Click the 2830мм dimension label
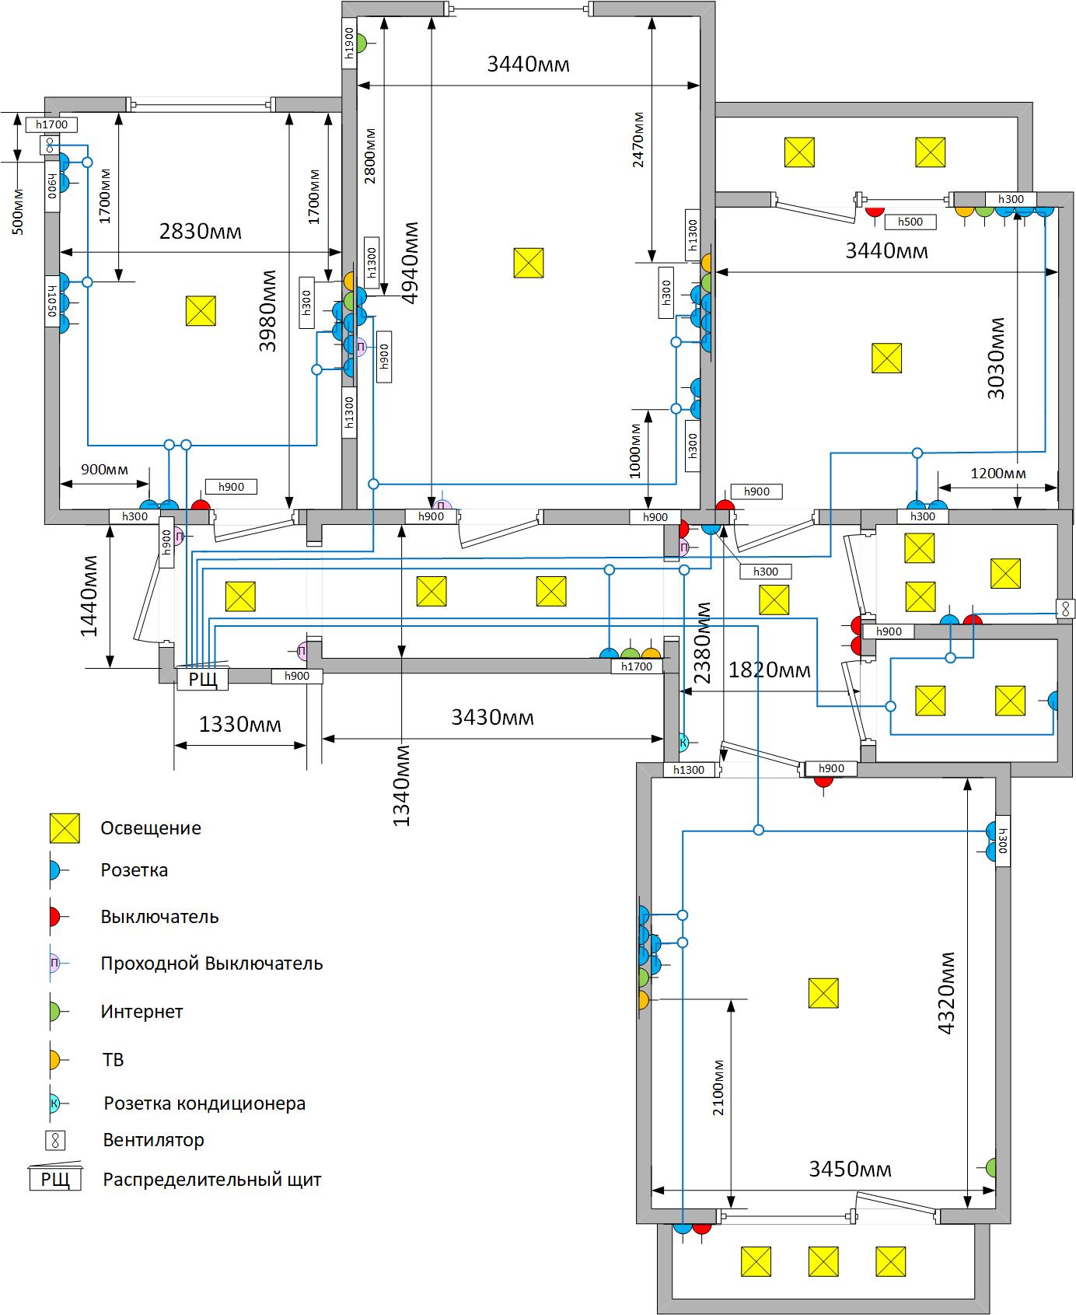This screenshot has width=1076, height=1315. [201, 231]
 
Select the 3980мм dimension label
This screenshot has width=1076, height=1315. [268, 311]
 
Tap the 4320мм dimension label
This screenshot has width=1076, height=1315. [947, 993]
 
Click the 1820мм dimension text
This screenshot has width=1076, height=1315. [769, 669]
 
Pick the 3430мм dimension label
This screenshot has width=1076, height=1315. [493, 716]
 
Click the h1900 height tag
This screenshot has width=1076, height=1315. [349, 43]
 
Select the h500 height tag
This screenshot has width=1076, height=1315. [910, 222]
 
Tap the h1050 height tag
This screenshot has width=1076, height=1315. [53, 302]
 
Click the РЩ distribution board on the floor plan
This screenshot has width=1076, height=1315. [203, 678]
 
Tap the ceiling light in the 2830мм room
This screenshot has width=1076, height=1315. [201, 311]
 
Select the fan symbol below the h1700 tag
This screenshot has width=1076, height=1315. [49, 145]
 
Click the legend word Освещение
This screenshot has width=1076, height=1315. [151, 828]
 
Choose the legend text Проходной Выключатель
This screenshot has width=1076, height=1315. [211, 964]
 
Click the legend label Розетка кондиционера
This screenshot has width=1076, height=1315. [204, 1103]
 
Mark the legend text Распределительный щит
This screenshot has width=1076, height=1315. [212, 1180]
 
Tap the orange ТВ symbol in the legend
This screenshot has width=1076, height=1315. [54, 1059]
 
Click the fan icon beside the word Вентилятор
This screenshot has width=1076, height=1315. [55, 1141]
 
